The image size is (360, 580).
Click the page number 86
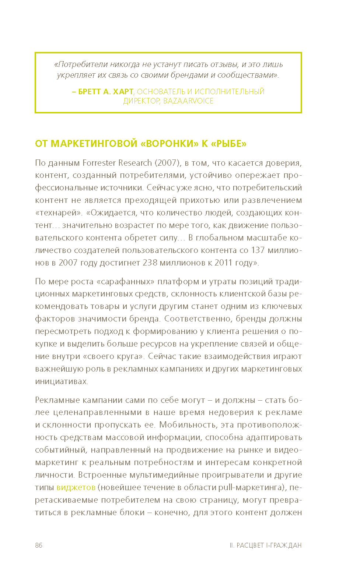(39, 545)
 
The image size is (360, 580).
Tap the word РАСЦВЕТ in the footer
(250, 545)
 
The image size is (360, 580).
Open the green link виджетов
(76, 487)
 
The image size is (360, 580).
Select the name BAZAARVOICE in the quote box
(188, 101)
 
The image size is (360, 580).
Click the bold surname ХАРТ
(123, 92)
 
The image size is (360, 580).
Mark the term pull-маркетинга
(251, 487)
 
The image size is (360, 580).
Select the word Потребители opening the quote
(77, 64)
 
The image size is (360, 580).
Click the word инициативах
(62, 381)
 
